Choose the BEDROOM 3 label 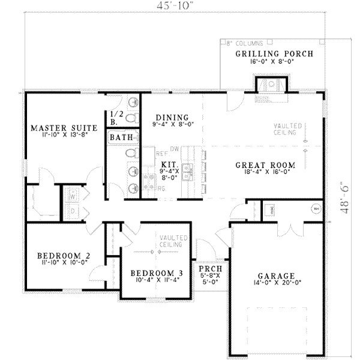pos(156,274)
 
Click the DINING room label pos(172,117)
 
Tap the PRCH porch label pos(209,269)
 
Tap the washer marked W pos(71,196)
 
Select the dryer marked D pos(71,211)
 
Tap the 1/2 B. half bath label pos(114,118)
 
